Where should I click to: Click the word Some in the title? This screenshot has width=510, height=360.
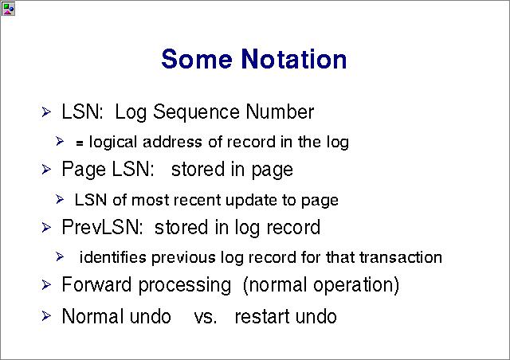pos(197,59)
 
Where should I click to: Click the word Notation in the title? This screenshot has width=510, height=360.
pos(294,59)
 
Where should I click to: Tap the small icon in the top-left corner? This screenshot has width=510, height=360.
pos(8,9)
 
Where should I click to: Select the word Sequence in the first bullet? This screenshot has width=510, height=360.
pos(196,113)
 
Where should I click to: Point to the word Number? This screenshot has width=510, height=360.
pos(280,112)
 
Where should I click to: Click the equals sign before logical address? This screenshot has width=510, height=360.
pos(80,143)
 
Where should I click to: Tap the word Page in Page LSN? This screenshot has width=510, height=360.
pos(84,170)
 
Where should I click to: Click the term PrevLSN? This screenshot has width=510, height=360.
pos(102,227)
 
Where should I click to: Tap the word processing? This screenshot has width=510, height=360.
pos(185,286)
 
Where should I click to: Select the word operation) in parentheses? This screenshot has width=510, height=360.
pos(356,286)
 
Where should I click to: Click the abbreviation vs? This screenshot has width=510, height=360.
pos(206,317)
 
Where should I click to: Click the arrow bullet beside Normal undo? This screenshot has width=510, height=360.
pos(46,315)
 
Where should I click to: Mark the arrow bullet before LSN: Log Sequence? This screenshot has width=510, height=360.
pos(46,112)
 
